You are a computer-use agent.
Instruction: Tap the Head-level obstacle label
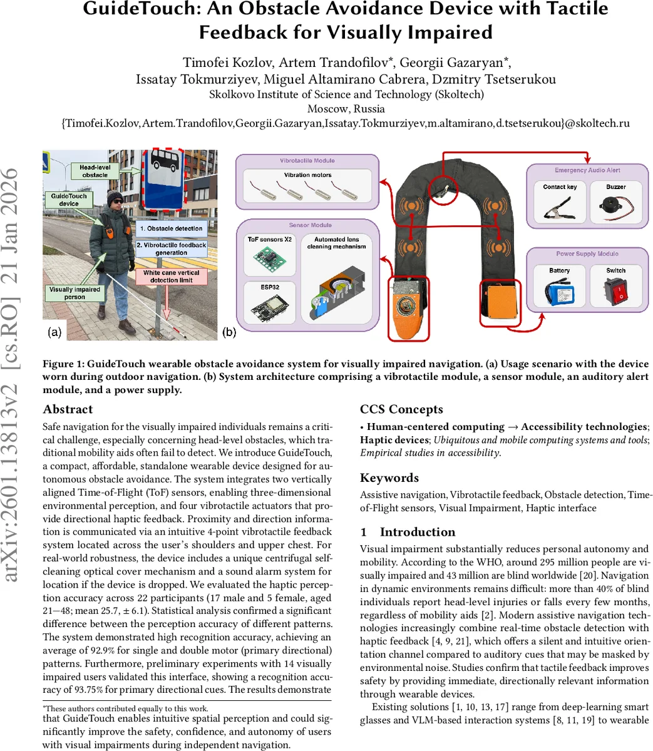coord(95,171)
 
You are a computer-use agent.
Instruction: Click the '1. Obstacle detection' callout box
coord(171,228)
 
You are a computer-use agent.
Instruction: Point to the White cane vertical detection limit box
coord(171,277)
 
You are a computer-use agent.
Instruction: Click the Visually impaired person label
coord(75,293)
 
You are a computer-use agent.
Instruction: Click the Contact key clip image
coord(560,205)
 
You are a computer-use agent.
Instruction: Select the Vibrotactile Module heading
coord(307,161)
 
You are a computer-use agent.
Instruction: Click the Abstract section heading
coord(68,409)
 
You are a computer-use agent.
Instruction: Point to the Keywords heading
coord(389,478)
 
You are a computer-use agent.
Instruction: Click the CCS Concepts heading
coord(401,409)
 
